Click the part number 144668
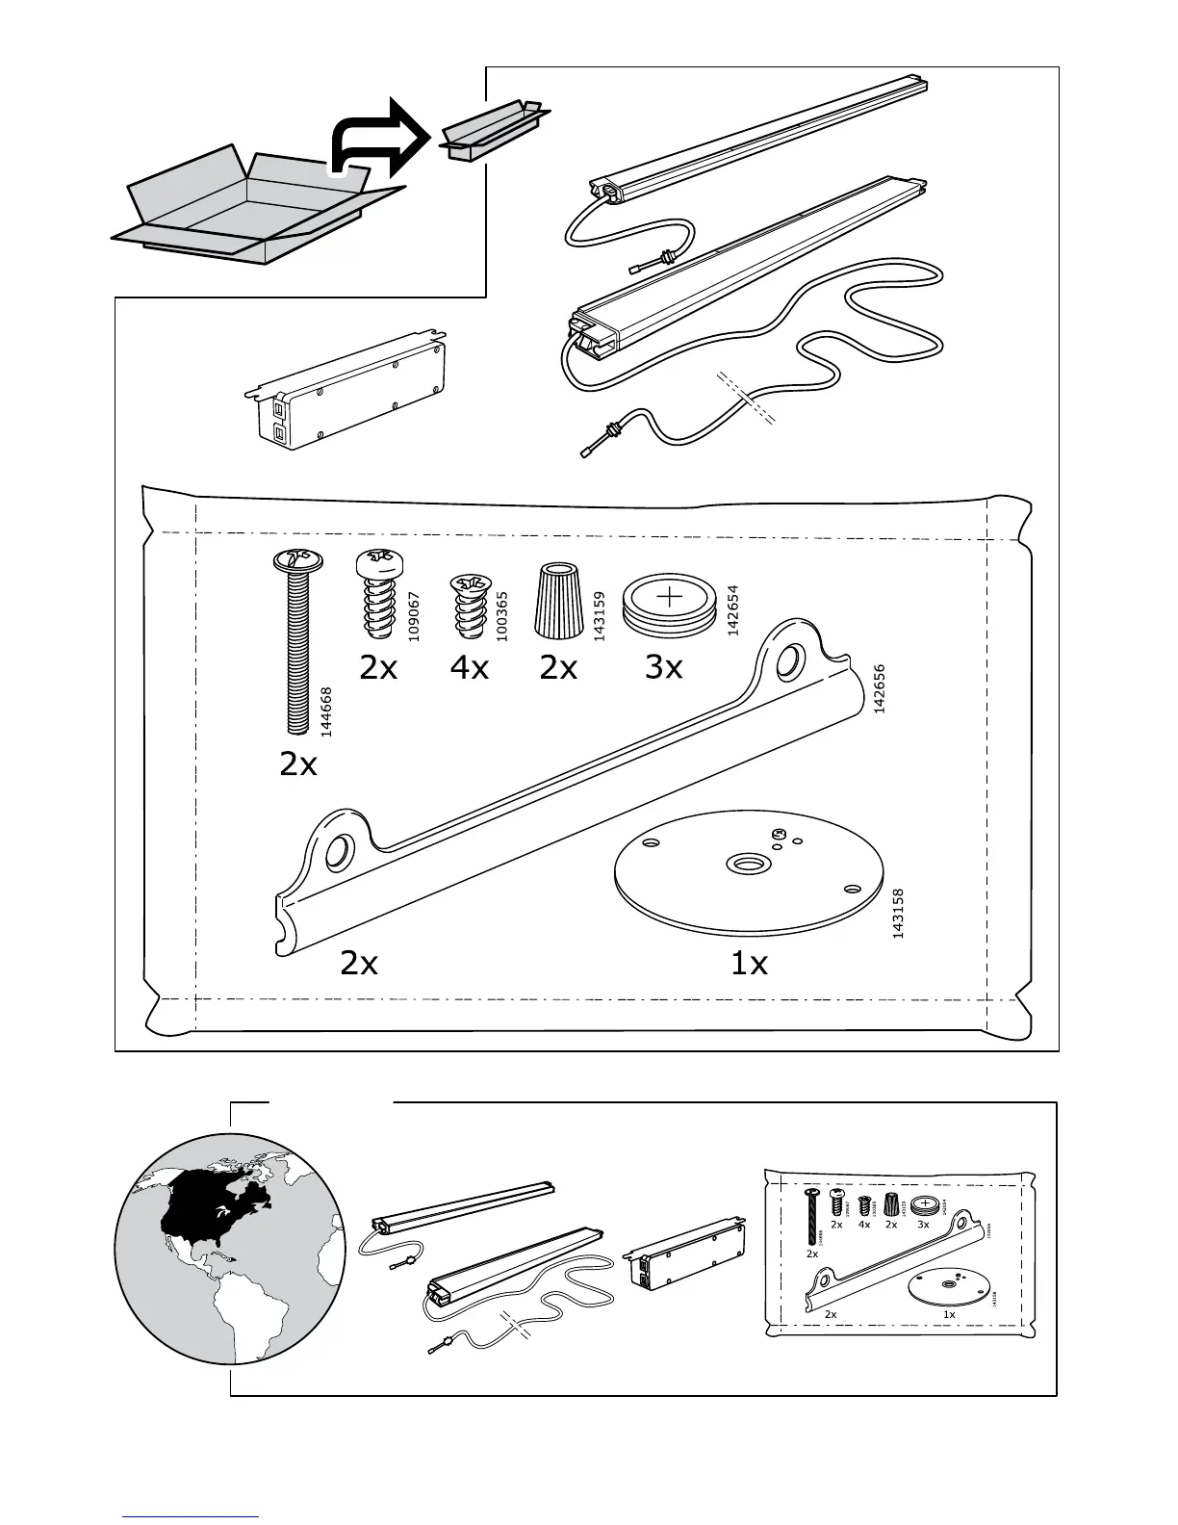pos(326,711)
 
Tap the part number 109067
pos(415,616)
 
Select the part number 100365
pos(501,616)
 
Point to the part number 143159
pos(599,616)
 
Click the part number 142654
pos(732,610)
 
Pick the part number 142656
pos(878,687)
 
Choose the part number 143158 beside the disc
pos(897,914)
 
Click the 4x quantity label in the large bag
pos(469,666)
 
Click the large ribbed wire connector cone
pos(555,600)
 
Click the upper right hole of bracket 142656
pos(787,660)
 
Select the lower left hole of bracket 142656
pos(339,851)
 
